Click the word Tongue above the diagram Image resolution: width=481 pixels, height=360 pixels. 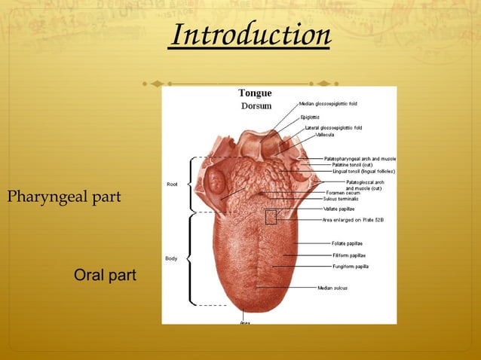tap(255, 93)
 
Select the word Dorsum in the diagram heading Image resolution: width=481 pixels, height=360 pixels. tap(255, 105)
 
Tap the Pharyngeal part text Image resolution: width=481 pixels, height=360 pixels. tap(64, 197)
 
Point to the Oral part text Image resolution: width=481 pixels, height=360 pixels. tap(105, 276)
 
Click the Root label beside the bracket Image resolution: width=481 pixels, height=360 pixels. tap(171, 185)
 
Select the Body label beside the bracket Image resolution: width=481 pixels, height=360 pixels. tap(171, 259)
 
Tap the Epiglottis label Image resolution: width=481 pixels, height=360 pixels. tap(310, 117)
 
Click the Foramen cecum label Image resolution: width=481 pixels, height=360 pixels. tap(340, 193)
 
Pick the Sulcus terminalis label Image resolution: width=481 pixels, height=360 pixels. tap(342, 199)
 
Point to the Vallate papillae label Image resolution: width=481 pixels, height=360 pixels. tap(341, 209)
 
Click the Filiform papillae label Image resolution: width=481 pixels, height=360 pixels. tap(350, 255)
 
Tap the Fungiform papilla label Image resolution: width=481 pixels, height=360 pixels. tap(351, 266)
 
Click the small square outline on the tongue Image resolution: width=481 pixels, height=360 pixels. tap(271, 217)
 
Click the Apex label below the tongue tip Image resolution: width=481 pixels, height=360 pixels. tap(245, 322)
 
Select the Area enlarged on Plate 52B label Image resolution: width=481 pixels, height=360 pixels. tap(353, 219)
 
